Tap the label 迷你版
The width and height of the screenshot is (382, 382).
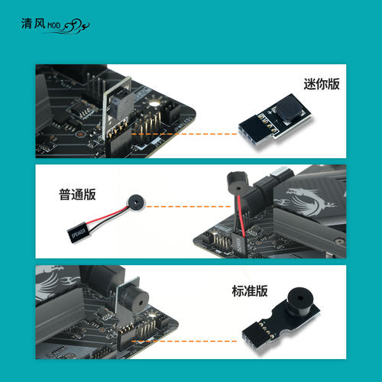[322, 85]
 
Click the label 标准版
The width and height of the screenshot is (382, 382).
[250, 291]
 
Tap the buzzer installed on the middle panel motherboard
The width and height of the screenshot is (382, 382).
[233, 184]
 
